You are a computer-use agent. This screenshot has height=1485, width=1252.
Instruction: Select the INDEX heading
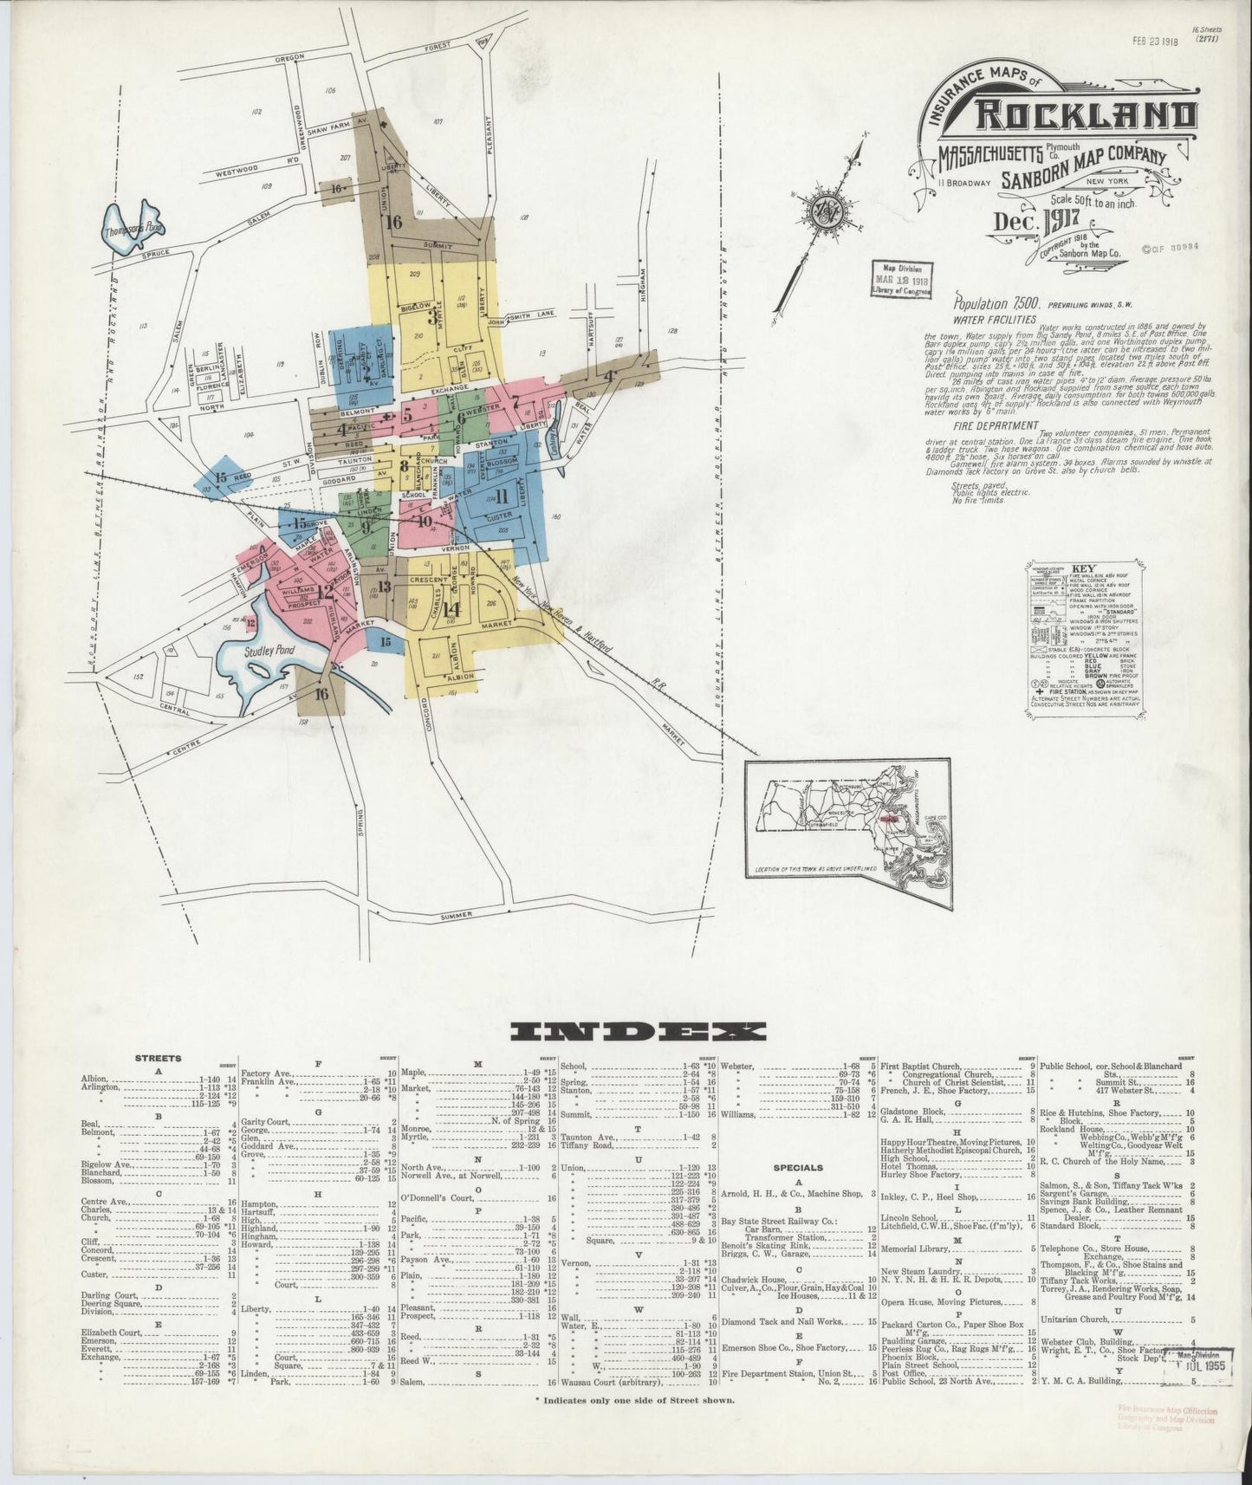[x=639, y=1031]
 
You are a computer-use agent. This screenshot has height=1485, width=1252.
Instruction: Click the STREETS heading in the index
[x=159, y=1058]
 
